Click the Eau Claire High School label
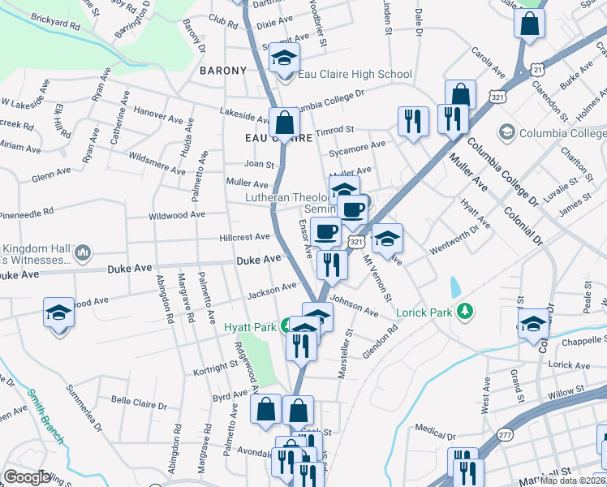click(355, 75)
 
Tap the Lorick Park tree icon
click(464, 311)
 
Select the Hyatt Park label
click(252, 327)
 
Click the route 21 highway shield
click(538, 71)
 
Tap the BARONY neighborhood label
click(223, 71)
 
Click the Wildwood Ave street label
click(176, 216)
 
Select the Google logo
click(27, 477)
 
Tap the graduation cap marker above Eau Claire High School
click(285, 58)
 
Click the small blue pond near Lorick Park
click(454, 287)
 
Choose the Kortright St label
click(214, 368)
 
